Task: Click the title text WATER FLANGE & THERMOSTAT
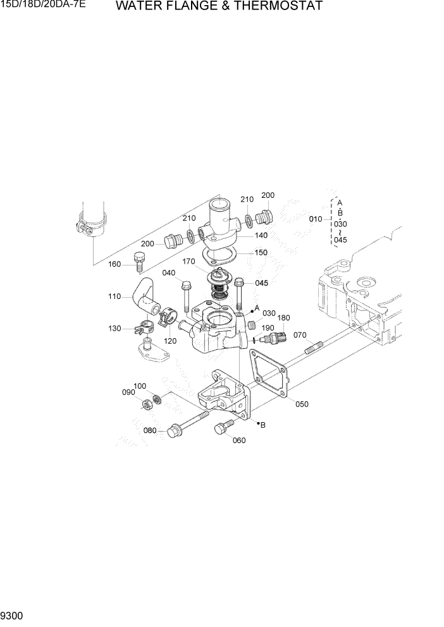click(219, 7)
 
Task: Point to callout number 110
click(114, 296)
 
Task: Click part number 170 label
click(189, 261)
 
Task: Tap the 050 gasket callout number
click(302, 405)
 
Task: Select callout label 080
click(150, 431)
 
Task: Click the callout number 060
click(238, 441)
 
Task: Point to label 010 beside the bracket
click(316, 219)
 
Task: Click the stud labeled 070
click(314, 348)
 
